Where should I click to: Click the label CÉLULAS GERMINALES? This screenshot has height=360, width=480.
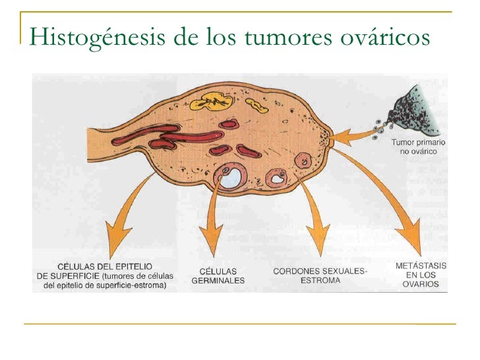coord(218,276)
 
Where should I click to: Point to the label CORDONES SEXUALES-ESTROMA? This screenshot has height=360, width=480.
coord(320,275)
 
